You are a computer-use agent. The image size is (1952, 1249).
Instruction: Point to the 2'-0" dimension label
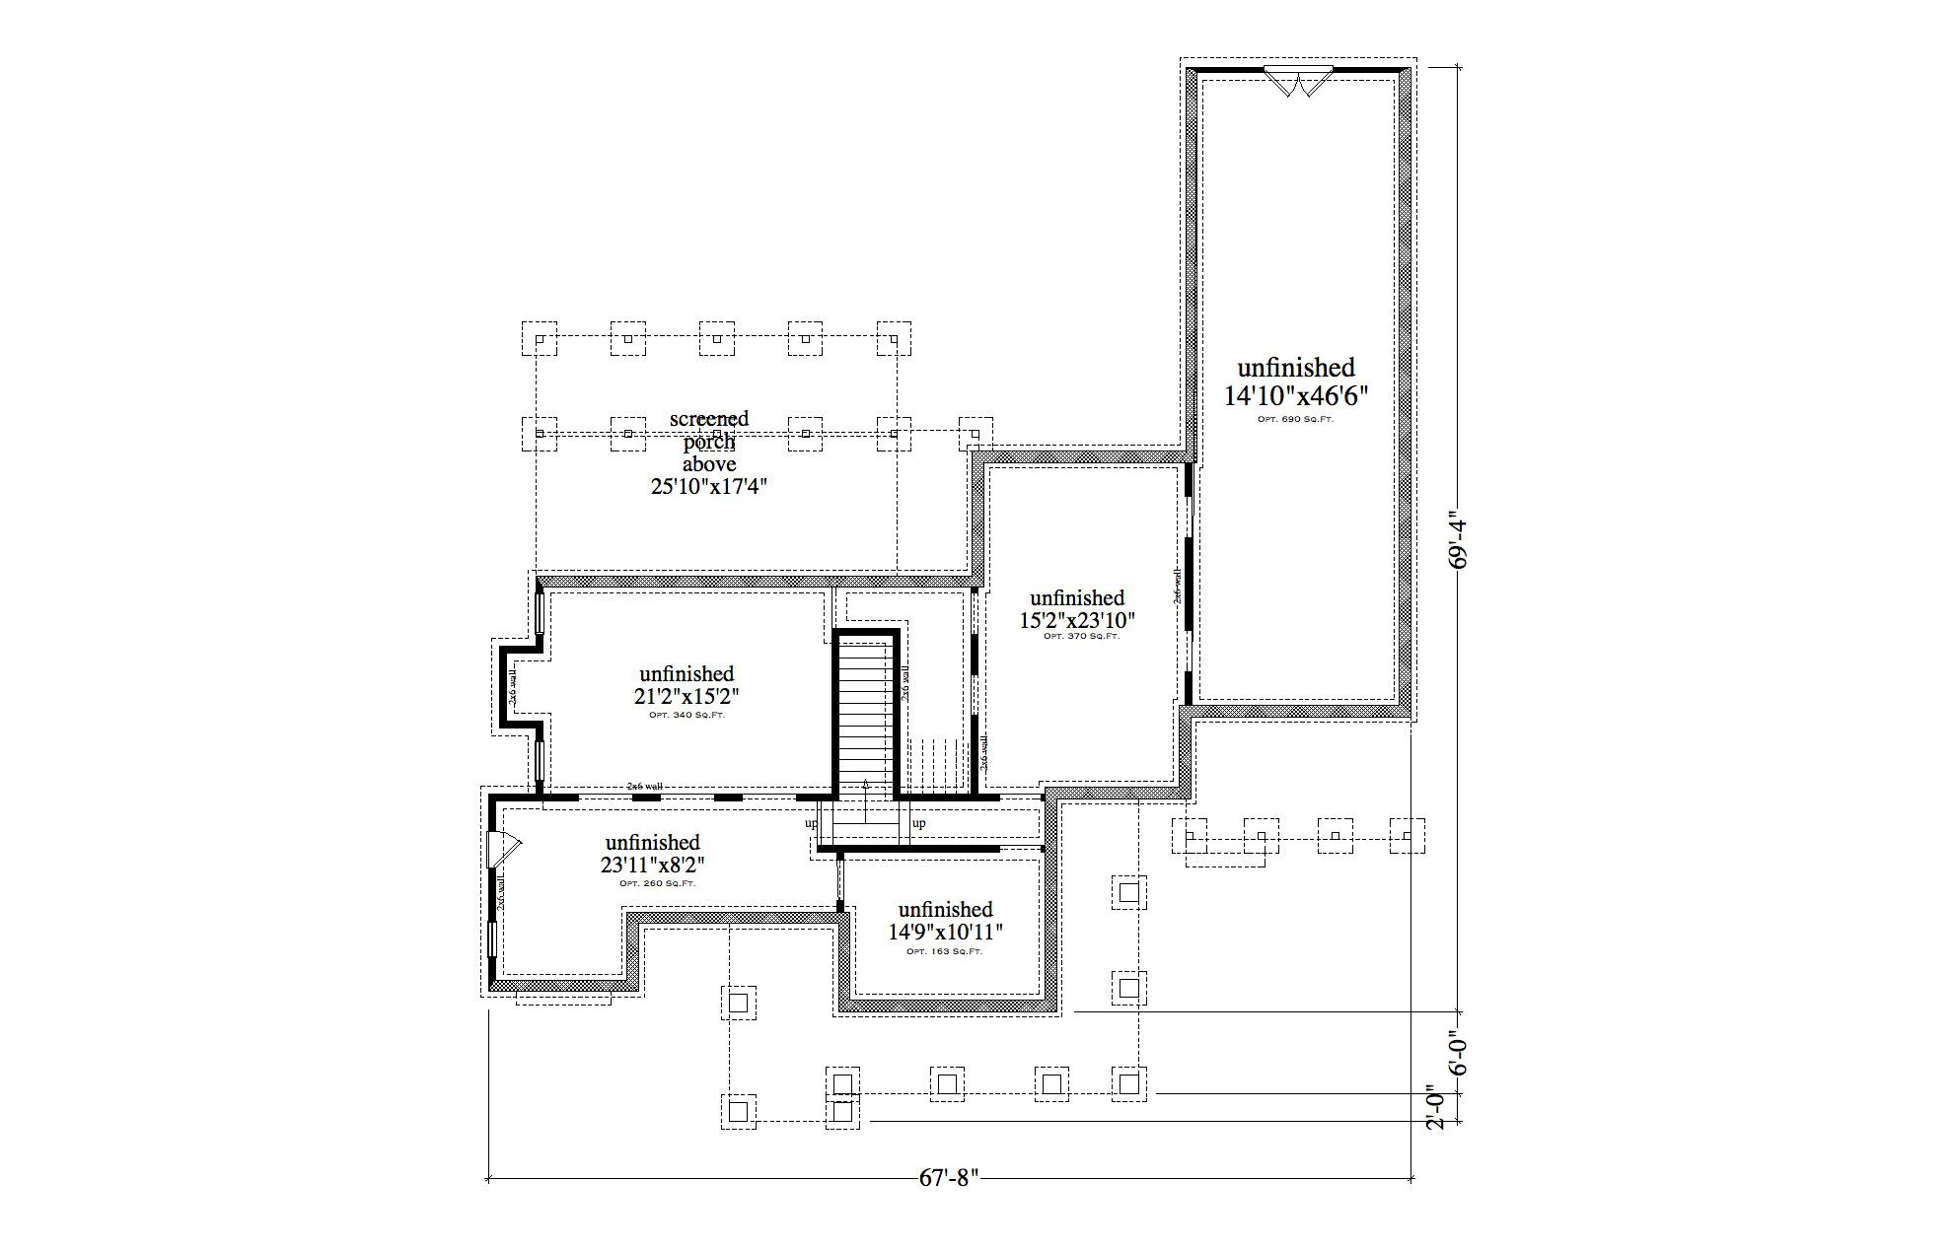pos(1439,1107)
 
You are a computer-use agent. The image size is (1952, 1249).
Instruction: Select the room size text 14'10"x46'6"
pos(1296,396)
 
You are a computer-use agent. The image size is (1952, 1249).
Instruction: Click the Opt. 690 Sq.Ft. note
pos(1296,419)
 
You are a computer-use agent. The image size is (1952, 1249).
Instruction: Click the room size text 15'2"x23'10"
pos(1077,621)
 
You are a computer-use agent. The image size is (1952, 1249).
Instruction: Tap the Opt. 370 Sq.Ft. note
pos(1081,637)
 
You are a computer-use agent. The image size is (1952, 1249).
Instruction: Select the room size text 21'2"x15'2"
pos(687,696)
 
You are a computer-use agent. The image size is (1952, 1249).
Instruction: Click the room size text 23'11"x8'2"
pos(653,866)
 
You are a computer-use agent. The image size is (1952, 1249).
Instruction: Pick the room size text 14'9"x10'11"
pos(945,932)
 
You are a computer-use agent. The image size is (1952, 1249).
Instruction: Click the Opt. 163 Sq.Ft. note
pos(944,951)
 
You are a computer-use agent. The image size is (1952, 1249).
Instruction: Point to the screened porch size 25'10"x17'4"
pos(709,486)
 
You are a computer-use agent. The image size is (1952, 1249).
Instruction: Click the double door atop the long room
pos(1298,81)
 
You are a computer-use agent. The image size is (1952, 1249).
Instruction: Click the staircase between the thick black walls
pos(865,715)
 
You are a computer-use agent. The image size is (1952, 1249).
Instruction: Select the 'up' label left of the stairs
pos(811,823)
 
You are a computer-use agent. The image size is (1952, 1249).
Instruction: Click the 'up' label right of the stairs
pos(918,823)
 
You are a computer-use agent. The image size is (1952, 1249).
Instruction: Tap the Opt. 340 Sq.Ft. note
pos(687,715)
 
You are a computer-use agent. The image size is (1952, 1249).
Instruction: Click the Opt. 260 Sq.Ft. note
pos(657,883)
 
